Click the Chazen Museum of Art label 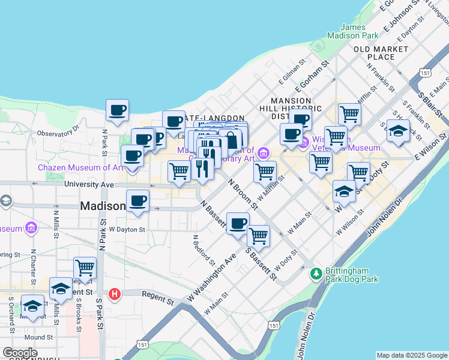pyautogui.click(x=80, y=167)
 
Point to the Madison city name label pyautogui.click(x=103, y=206)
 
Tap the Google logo pyautogui.click(x=20, y=353)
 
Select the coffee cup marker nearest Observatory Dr pyautogui.click(x=117, y=110)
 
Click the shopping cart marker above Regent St pyautogui.click(x=85, y=268)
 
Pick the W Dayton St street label pyautogui.click(x=127, y=229)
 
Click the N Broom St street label pyautogui.click(x=243, y=192)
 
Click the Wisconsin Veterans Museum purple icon pyautogui.click(x=303, y=143)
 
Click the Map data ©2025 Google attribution pyautogui.click(x=412, y=355)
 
